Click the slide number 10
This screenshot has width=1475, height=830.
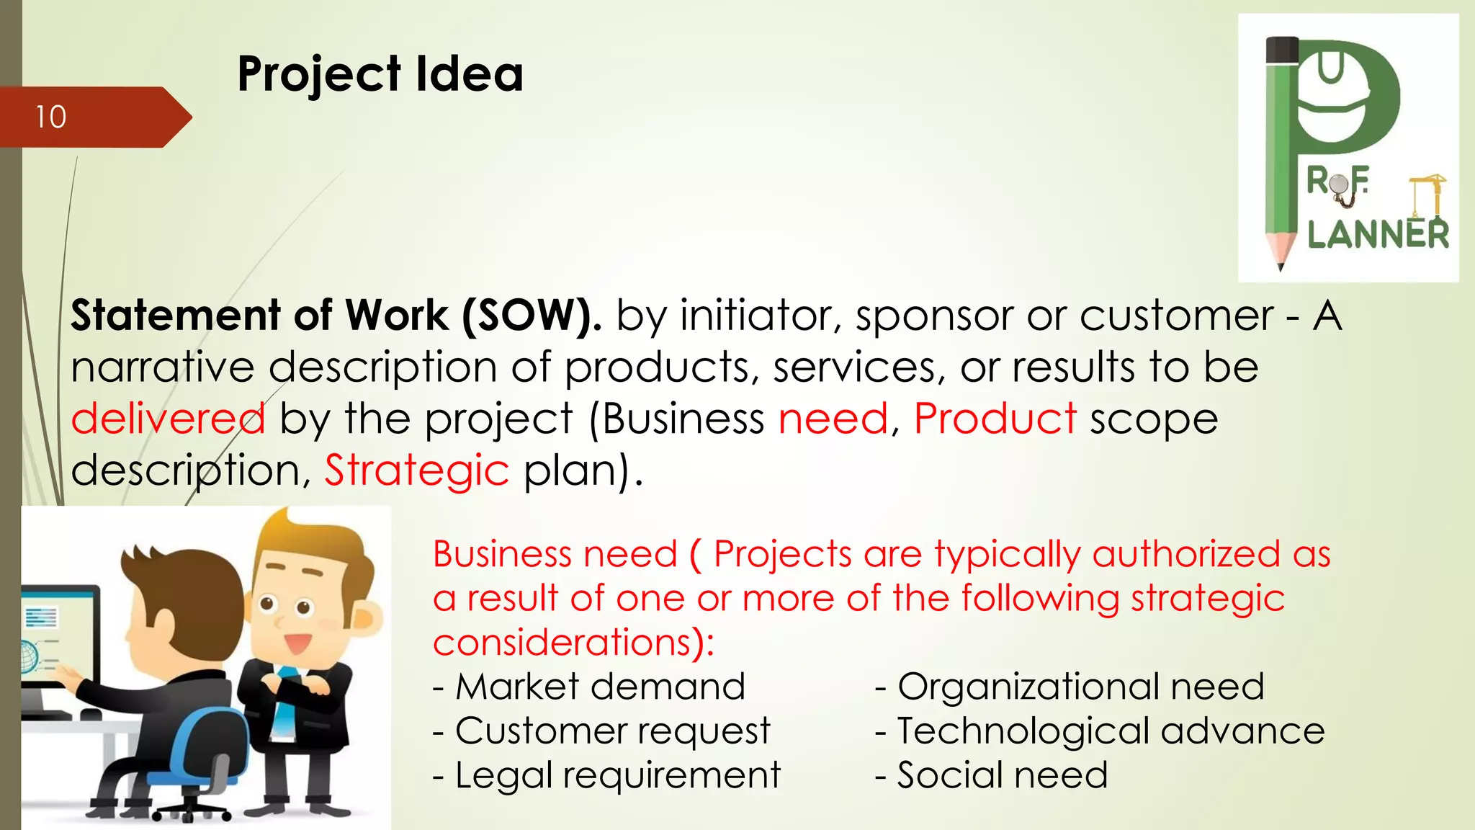pos(51,117)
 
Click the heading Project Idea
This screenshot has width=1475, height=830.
pos(380,73)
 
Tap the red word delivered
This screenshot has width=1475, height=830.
pos(168,419)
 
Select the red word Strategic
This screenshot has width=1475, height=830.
pos(416,470)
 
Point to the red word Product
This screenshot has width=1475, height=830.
pos(995,419)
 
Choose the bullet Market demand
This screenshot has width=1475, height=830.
pos(589,687)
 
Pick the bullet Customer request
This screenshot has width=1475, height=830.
pos(602,731)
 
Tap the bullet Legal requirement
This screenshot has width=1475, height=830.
pos(606,775)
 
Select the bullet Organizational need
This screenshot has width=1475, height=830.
pos(1070,687)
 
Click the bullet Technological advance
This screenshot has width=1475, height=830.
pos(1100,731)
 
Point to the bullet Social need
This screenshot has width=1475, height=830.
pos(991,775)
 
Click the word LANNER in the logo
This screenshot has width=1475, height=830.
pos(1378,235)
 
